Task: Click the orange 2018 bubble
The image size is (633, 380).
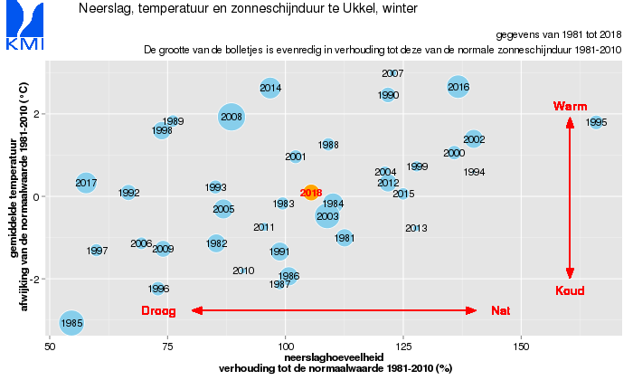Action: point(311,193)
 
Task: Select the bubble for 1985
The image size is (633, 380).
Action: point(72,322)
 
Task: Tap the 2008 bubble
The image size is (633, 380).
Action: point(231,117)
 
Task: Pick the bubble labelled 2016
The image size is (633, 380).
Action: point(458,87)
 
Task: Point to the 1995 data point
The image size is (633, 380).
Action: point(596,122)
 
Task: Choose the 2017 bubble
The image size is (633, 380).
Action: point(86,184)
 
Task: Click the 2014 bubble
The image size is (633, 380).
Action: point(270,88)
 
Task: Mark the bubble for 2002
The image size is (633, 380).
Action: point(474,139)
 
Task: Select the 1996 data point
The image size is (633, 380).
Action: point(158,289)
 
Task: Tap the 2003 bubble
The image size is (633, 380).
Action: point(327,216)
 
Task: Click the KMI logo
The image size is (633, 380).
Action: point(25,26)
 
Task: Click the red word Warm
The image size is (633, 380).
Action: point(570,107)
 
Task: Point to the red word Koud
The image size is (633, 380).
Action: point(570,290)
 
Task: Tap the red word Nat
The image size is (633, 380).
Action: point(500,311)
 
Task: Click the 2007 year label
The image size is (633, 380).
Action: point(392,73)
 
